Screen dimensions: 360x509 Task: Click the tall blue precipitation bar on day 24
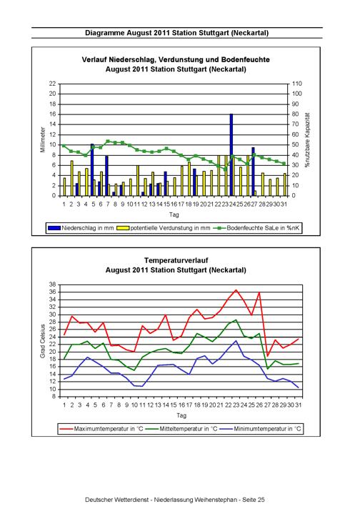[231, 155]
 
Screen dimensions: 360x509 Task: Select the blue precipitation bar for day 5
[92, 169]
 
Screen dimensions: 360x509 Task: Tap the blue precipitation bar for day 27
[253, 172]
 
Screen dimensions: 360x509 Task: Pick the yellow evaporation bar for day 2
[71, 178]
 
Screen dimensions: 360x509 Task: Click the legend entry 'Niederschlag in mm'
[81, 228]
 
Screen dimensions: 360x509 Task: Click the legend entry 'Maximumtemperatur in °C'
[101, 429]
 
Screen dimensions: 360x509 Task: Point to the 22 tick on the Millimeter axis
[53, 84]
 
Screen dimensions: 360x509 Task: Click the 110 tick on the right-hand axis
[296, 84]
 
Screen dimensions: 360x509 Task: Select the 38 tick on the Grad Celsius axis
[53, 285]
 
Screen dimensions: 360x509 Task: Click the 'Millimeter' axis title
[43, 139]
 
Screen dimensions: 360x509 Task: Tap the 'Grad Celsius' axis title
[42, 341]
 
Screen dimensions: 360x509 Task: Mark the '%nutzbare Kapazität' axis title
[307, 140]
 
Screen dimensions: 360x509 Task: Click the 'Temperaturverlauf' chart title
[176, 260]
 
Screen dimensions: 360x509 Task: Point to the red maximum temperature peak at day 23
[236, 290]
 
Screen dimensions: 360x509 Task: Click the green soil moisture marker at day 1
[64, 146]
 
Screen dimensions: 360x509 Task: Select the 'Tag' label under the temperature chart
[181, 415]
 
